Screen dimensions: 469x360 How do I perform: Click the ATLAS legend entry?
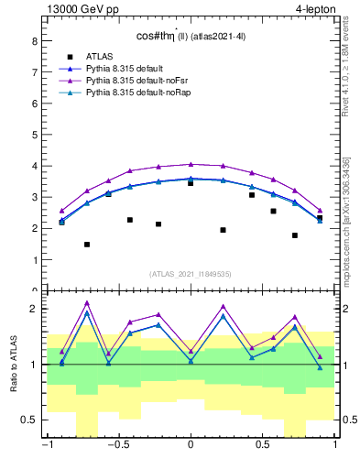pyautogui.click(x=100, y=56)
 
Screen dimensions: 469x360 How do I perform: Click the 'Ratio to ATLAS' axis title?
pyautogui.click(x=13, y=365)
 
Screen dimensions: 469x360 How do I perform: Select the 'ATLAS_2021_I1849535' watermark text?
pyautogui.click(x=190, y=273)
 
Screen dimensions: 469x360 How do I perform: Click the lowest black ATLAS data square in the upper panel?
pyautogui.click(x=87, y=245)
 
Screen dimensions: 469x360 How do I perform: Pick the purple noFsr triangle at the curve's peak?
pyautogui.click(x=191, y=164)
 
